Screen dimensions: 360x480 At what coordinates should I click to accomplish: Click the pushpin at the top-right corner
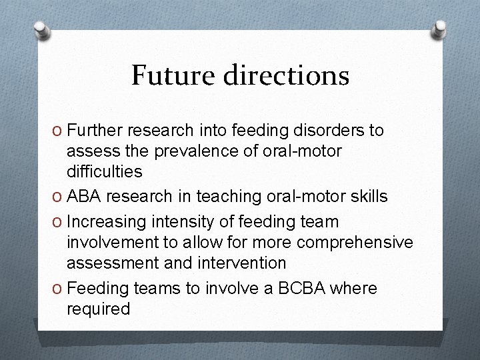pyautogui.click(x=439, y=29)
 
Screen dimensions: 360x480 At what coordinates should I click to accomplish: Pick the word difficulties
pyautogui.click(x=103, y=171)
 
